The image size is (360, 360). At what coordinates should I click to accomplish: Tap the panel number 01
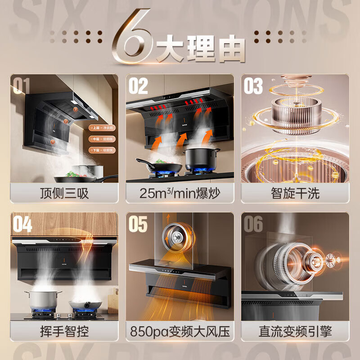(21, 85)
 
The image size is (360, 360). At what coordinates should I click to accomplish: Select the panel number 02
(138, 85)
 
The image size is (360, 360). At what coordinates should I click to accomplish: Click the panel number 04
(22, 224)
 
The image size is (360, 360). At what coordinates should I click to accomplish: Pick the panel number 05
(138, 224)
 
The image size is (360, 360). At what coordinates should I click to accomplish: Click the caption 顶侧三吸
(64, 193)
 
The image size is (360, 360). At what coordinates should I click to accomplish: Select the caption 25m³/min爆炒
(180, 193)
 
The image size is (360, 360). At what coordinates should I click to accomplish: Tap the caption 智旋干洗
(295, 193)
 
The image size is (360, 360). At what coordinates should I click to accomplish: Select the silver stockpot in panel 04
(43, 299)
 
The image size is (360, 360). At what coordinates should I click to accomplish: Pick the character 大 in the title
(170, 49)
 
